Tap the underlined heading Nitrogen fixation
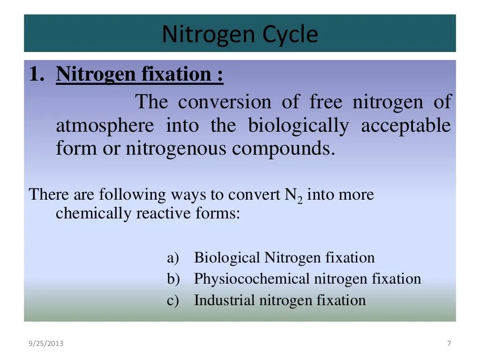point(140,74)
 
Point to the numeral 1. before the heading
point(37,74)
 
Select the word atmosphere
point(105,126)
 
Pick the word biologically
point(298,126)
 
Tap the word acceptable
point(405,126)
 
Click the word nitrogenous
point(177,149)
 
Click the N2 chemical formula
point(294,195)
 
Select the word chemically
point(94,214)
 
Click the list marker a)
point(173,258)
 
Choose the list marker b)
point(173,279)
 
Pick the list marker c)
point(173,300)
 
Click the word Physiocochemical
point(252,279)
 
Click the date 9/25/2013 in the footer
point(46,344)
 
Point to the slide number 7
point(449,344)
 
